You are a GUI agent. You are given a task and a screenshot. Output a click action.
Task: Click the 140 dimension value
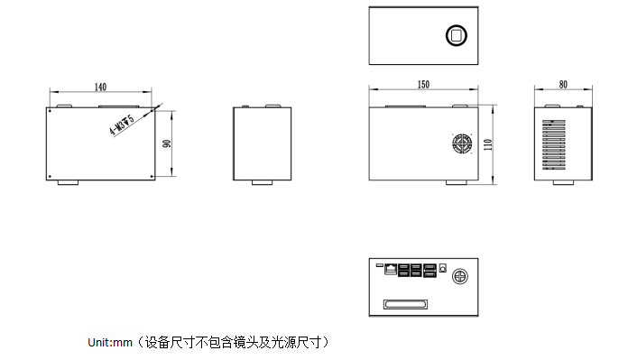[x=99, y=87]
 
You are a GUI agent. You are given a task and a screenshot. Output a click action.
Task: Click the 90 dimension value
[x=166, y=143]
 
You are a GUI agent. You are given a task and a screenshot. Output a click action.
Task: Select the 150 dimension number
[x=423, y=84]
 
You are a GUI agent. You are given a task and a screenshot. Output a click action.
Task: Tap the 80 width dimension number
[x=563, y=84]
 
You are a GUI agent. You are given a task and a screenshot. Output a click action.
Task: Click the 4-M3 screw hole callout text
[x=122, y=125]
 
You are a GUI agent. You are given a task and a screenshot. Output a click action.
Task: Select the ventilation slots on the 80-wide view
[x=552, y=143]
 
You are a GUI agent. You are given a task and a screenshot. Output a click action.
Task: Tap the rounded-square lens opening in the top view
[x=456, y=36]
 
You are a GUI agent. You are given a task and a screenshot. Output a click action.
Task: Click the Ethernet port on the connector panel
[x=390, y=269]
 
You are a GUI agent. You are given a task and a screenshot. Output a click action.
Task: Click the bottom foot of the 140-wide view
[x=69, y=183]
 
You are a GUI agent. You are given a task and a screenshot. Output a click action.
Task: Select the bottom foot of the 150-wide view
[x=457, y=183]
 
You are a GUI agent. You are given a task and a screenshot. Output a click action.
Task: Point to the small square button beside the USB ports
[x=444, y=269]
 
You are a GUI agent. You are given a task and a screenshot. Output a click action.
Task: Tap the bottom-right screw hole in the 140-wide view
[x=150, y=175]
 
